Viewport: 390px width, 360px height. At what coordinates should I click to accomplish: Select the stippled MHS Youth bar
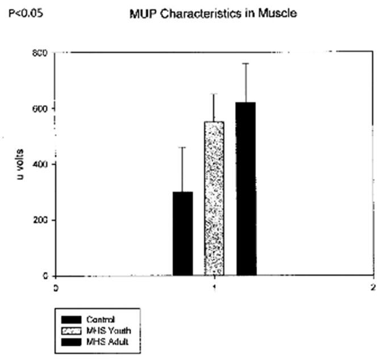click(x=214, y=199)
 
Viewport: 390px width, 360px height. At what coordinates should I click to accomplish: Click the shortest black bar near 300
click(x=183, y=233)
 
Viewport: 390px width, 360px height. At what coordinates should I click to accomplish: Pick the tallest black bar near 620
click(x=246, y=189)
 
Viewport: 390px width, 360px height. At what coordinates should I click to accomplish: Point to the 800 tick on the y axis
click(x=41, y=53)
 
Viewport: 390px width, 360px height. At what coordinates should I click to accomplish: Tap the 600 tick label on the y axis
click(x=41, y=108)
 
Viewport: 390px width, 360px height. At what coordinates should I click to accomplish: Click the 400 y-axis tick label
click(x=41, y=165)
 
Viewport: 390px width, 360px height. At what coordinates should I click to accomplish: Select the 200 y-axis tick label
click(x=41, y=220)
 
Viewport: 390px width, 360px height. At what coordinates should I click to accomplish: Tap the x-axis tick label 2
click(x=373, y=287)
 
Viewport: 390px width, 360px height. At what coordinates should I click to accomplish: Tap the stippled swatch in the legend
click(x=69, y=330)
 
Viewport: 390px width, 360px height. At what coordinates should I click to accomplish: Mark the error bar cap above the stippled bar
click(x=214, y=94)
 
